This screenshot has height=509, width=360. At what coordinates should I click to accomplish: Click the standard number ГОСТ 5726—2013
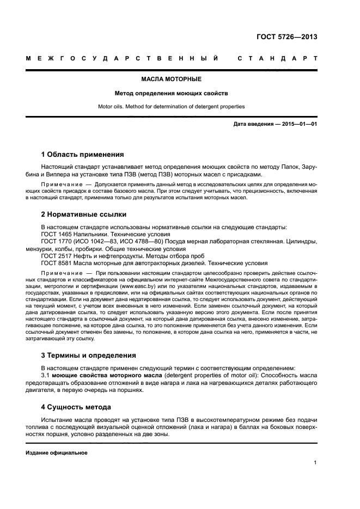(x=286, y=37)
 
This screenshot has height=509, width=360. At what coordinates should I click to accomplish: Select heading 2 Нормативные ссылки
(x=84, y=214)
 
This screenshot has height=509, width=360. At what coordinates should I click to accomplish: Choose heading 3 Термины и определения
(x=89, y=355)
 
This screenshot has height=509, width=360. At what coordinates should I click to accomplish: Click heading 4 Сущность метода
(x=76, y=407)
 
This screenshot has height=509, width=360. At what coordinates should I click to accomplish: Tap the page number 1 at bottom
(x=315, y=463)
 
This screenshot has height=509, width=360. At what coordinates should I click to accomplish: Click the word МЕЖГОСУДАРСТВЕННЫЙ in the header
(x=123, y=58)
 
